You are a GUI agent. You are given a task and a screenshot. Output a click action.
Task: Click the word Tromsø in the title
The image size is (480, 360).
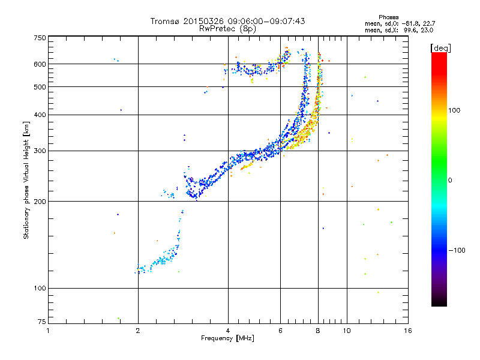tap(166, 21)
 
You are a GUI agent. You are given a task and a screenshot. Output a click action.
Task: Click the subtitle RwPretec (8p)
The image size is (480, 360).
tap(227, 29)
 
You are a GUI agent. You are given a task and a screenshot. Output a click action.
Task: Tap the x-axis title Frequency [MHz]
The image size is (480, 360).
tap(227, 338)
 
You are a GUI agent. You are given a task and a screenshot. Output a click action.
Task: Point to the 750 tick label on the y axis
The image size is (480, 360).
tap(40, 38)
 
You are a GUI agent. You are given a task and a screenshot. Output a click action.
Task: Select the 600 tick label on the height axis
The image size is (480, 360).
tap(40, 64)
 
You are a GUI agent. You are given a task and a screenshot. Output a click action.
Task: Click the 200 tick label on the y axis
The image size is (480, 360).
tap(40, 202)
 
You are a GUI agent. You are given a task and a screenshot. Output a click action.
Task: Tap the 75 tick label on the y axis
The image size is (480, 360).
tap(42, 322)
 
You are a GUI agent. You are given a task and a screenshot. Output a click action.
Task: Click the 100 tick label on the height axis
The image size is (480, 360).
tap(40, 288)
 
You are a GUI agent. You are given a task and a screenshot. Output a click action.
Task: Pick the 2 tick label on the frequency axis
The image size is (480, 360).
tap(138, 331)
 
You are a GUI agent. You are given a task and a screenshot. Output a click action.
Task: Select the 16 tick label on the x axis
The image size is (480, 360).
tap(408, 331)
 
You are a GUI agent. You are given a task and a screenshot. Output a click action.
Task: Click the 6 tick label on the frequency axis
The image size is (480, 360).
tap(280, 331)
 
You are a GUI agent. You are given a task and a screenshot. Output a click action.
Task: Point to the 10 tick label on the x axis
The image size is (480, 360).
tap(347, 331)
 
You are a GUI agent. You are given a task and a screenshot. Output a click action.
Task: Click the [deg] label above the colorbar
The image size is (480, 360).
tap(441, 48)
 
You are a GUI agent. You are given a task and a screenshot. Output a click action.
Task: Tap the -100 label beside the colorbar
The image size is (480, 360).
tap(457, 250)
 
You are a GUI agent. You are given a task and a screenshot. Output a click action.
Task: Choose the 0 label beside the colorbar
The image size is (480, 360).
tap(450, 181)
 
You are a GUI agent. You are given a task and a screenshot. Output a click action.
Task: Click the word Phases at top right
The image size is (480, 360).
tap(388, 17)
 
